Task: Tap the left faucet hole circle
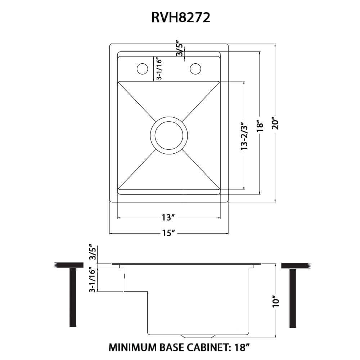pos(141,68)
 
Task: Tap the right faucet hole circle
pos(196,68)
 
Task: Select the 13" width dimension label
pos(168,218)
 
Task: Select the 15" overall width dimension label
pos(168,233)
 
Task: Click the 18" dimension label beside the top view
pos(260,126)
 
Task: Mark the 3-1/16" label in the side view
pos(93,279)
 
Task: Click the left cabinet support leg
pos(73,297)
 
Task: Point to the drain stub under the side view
pos(198,336)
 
